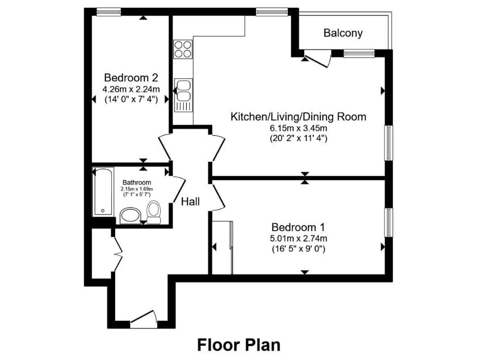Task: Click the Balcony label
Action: point(343,33)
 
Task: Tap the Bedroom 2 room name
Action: point(131,77)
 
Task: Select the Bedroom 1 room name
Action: point(298,227)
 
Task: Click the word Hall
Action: point(190,201)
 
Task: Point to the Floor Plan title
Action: point(239,345)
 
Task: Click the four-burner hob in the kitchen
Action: point(183,50)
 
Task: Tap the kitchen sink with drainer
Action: point(183,95)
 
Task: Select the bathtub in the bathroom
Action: point(103,191)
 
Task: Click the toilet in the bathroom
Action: point(154,212)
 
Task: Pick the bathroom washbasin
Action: point(130,214)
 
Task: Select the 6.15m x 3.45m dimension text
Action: point(298,128)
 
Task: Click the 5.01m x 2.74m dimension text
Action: point(298,238)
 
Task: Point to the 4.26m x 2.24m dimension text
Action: point(131,89)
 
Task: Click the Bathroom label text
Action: point(137,183)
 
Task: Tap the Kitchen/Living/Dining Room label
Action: point(298,117)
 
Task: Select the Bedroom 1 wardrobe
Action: point(222,247)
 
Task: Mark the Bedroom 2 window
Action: point(108,11)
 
